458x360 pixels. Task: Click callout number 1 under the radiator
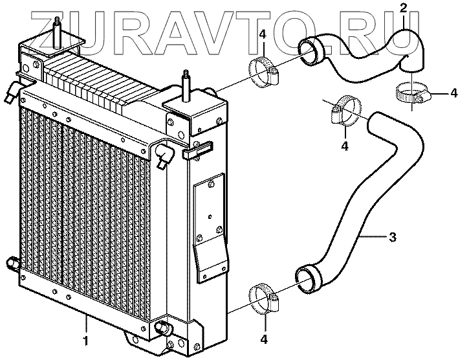[86, 339]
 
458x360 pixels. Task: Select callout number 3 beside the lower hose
[392, 237]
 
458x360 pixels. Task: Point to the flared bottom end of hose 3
[307, 277]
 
